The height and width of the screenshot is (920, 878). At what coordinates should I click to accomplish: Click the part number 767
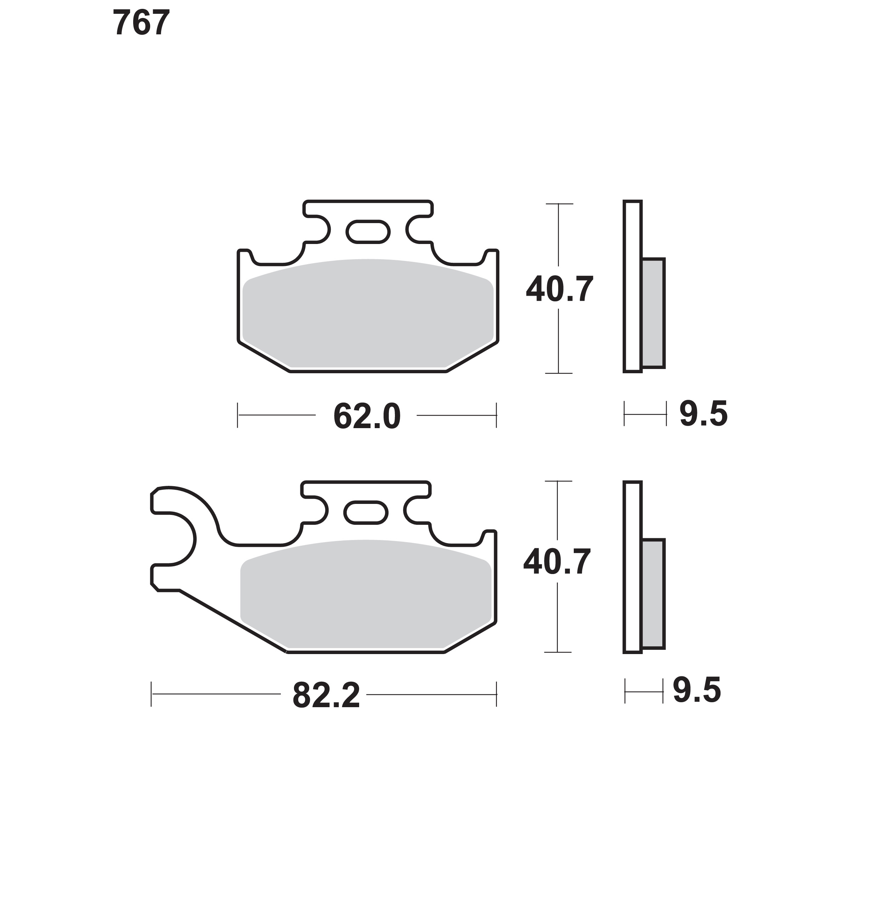pyautogui.click(x=141, y=23)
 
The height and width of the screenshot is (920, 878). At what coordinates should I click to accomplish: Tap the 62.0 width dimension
pyautogui.click(x=367, y=416)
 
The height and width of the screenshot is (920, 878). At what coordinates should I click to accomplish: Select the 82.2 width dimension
pyautogui.click(x=326, y=696)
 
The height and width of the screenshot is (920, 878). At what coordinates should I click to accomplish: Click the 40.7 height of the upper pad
pyautogui.click(x=560, y=289)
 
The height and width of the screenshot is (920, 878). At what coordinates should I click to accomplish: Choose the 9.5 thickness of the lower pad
pyautogui.click(x=697, y=690)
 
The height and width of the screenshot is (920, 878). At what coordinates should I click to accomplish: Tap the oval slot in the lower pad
pyautogui.click(x=366, y=512)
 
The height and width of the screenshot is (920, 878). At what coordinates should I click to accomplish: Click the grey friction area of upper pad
pyautogui.click(x=368, y=313)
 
